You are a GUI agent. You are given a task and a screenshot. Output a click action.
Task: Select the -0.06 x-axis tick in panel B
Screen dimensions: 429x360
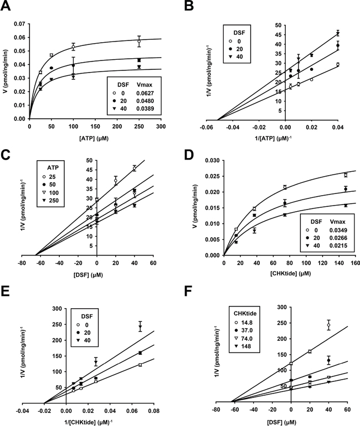[x=218, y=127]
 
